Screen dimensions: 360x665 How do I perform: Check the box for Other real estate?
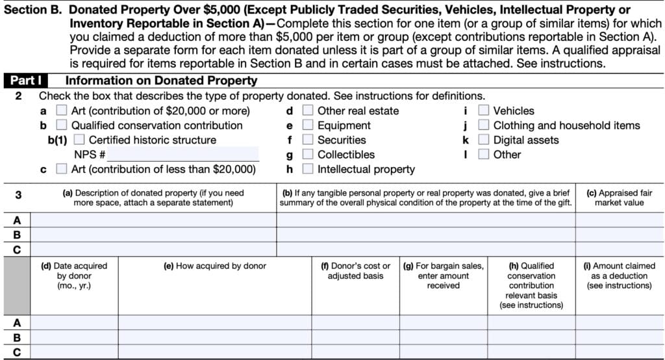[x=308, y=111]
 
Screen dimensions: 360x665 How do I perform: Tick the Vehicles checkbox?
[x=484, y=111]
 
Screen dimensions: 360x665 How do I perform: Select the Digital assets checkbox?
[x=484, y=140]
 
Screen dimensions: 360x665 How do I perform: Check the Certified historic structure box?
[x=79, y=140]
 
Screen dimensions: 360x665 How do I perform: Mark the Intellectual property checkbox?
[x=308, y=169]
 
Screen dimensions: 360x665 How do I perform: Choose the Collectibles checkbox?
[x=308, y=155]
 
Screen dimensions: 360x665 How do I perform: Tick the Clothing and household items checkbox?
[x=484, y=125]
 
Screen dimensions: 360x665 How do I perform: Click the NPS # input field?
[x=183, y=155]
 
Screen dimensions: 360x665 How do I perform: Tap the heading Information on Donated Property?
[x=161, y=81]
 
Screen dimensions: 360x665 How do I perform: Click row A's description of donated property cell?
[x=154, y=220]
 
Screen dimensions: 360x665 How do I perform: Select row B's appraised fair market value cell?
[x=619, y=235]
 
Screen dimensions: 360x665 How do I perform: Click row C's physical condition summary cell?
[x=425, y=249]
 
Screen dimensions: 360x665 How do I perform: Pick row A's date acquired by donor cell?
[x=74, y=322]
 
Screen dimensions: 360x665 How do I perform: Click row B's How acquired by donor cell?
[x=214, y=337]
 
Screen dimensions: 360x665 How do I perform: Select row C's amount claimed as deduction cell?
[x=619, y=352]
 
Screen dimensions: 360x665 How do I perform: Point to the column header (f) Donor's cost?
[x=355, y=271]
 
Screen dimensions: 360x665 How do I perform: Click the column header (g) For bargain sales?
[x=444, y=276]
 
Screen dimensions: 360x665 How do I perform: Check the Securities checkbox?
[x=308, y=140]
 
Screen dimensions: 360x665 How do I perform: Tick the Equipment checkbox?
[x=308, y=125]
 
